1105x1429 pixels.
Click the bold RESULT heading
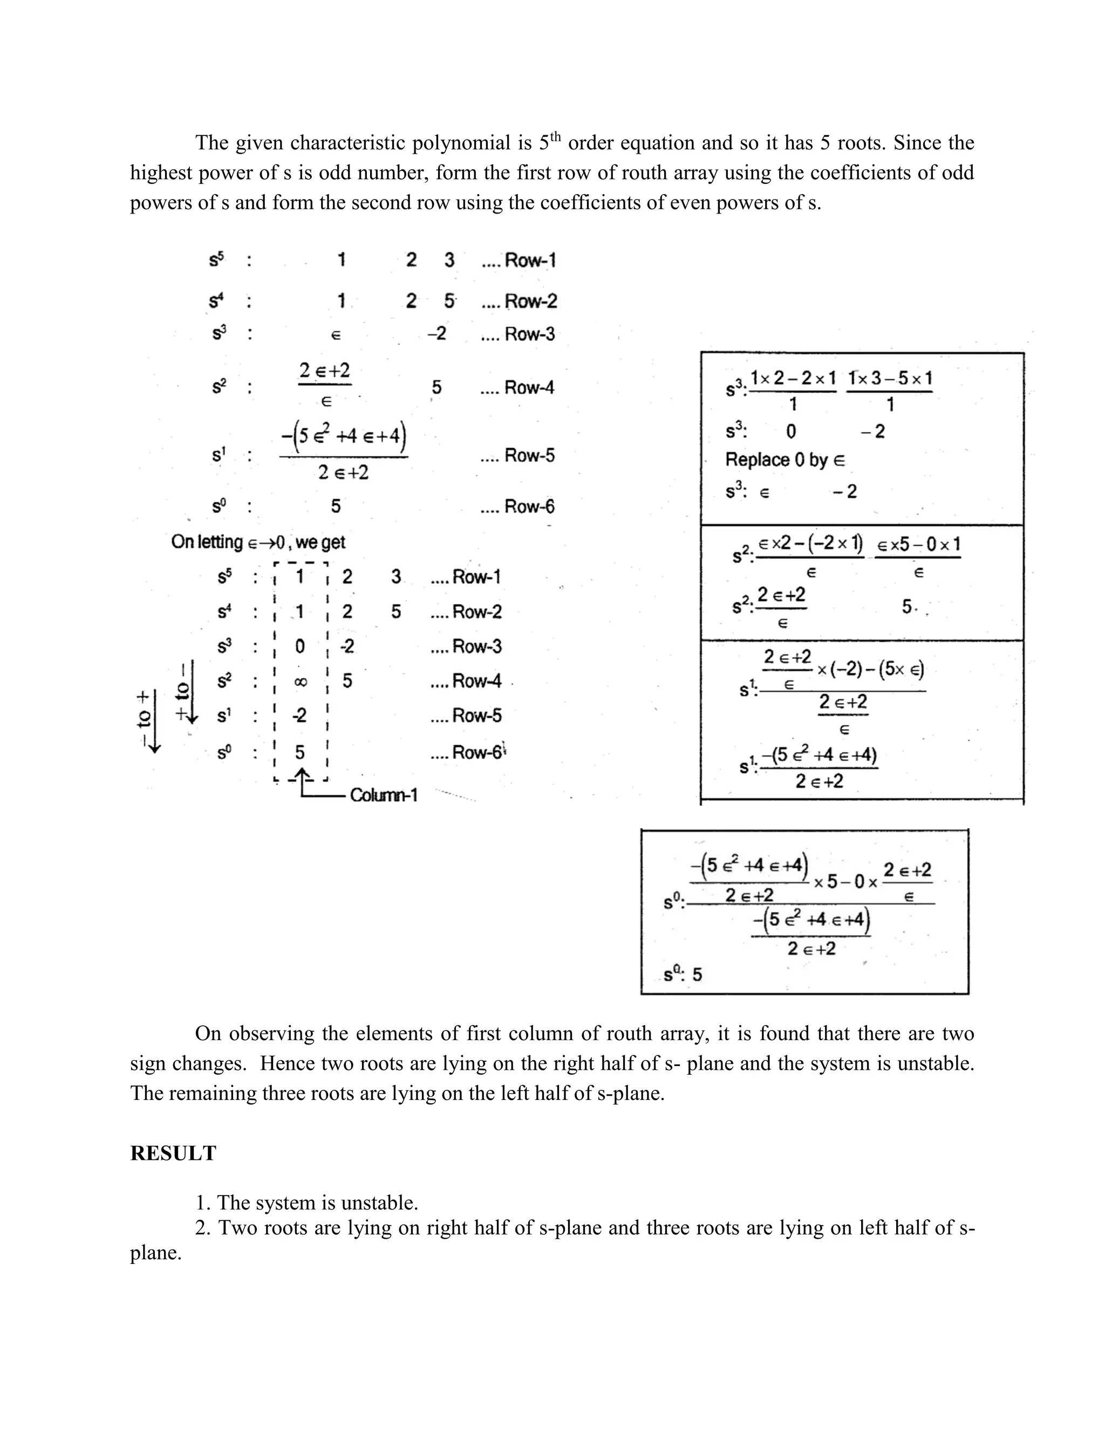173,1153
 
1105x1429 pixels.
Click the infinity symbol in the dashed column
300,682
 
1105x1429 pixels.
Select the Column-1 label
384,795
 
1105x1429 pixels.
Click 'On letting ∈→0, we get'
258,542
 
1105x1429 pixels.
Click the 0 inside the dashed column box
300,647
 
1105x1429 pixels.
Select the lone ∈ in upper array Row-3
336,335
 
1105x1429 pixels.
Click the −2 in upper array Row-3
436,334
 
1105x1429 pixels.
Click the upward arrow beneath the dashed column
302,777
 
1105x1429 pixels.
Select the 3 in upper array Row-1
449,260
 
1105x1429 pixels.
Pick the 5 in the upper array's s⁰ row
336,506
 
